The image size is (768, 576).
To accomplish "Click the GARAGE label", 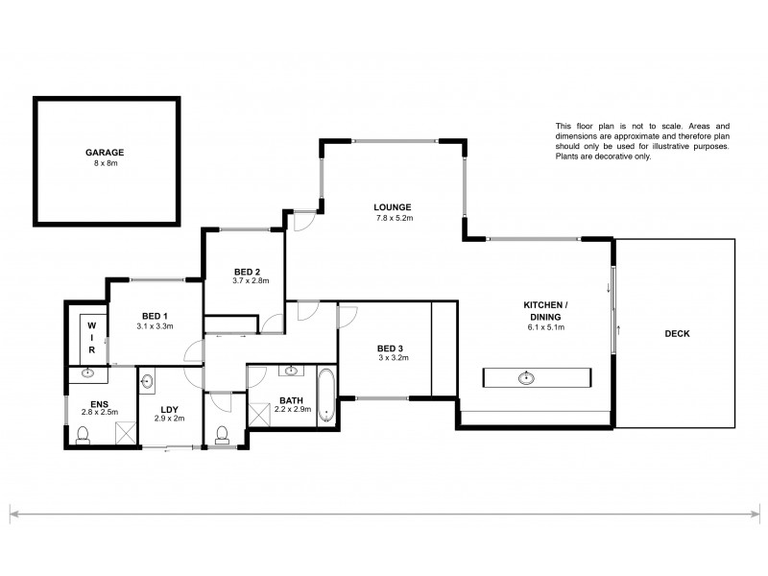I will (x=105, y=152).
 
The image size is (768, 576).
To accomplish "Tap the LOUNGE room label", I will (x=394, y=206).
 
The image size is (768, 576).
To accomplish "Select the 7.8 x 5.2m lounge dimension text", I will (x=394, y=218).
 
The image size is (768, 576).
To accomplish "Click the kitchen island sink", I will (x=526, y=377).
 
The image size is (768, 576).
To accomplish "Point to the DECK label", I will (x=677, y=334).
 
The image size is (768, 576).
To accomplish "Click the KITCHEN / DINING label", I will (x=542, y=310).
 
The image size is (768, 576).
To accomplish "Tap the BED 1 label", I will (x=156, y=316).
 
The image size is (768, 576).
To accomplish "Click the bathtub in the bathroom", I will (x=327, y=396).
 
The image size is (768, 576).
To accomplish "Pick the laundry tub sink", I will (x=147, y=383).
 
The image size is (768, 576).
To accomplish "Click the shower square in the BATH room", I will (x=260, y=414).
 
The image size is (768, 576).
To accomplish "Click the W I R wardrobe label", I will (x=92, y=337).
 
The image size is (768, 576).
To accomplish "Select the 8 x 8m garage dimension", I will (x=105, y=163).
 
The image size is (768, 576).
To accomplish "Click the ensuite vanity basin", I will (x=88, y=373).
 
